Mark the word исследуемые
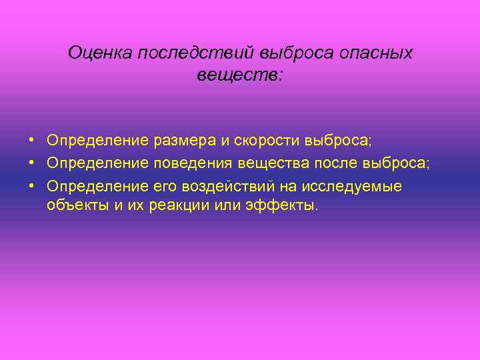click(x=365, y=186)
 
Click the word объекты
click(x=75, y=205)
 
